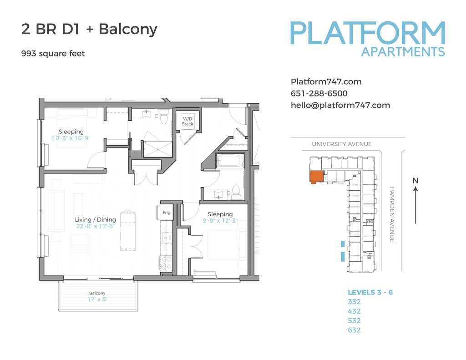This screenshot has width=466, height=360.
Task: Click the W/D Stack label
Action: (x=187, y=121)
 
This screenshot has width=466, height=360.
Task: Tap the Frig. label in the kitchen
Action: (x=167, y=212)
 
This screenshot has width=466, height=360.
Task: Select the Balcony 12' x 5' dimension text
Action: (x=97, y=299)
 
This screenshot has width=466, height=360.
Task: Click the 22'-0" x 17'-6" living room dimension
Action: (x=95, y=226)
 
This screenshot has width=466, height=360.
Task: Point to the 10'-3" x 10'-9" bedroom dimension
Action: (x=71, y=138)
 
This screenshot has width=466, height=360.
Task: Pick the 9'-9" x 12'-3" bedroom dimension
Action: (x=220, y=221)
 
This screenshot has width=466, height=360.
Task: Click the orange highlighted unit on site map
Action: (x=316, y=177)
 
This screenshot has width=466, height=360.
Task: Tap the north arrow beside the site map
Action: (x=415, y=205)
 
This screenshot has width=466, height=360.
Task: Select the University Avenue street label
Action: (x=342, y=144)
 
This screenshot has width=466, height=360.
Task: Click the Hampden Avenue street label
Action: (x=392, y=214)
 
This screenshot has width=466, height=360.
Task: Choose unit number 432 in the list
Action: (x=354, y=311)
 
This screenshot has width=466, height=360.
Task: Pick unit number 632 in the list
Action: (x=354, y=330)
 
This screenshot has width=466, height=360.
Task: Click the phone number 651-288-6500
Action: (x=319, y=93)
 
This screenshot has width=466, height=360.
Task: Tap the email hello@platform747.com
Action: (x=340, y=105)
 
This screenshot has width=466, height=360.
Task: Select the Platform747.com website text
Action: (x=326, y=82)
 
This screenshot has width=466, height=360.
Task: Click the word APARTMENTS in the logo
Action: (x=403, y=52)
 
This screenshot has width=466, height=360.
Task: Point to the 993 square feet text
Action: (x=53, y=54)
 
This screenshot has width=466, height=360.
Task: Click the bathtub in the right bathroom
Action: (x=230, y=161)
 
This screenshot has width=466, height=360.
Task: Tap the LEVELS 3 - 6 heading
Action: (x=370, y=292)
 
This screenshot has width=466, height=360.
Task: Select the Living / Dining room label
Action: (x=95, y=220)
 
